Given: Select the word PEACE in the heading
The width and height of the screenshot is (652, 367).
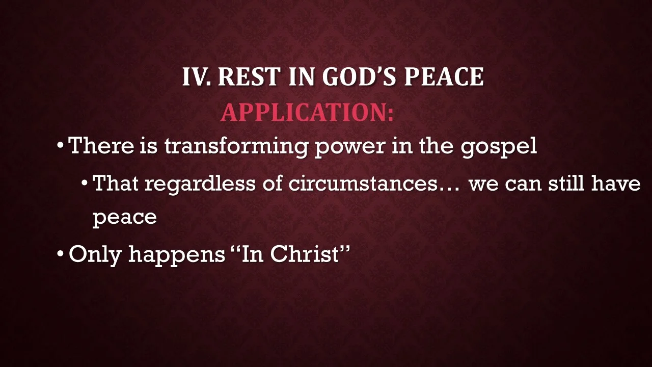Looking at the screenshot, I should click(x=444, y=77).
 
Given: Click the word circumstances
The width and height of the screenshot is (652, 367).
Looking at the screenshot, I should click(x=362, y=183).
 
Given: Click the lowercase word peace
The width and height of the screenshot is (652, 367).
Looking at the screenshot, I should click(x=124, y=218).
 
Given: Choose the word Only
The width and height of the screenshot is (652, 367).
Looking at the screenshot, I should click(x=95, y=254).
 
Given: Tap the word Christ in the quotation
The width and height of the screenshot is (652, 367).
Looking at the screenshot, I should click(x=305, y=253).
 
